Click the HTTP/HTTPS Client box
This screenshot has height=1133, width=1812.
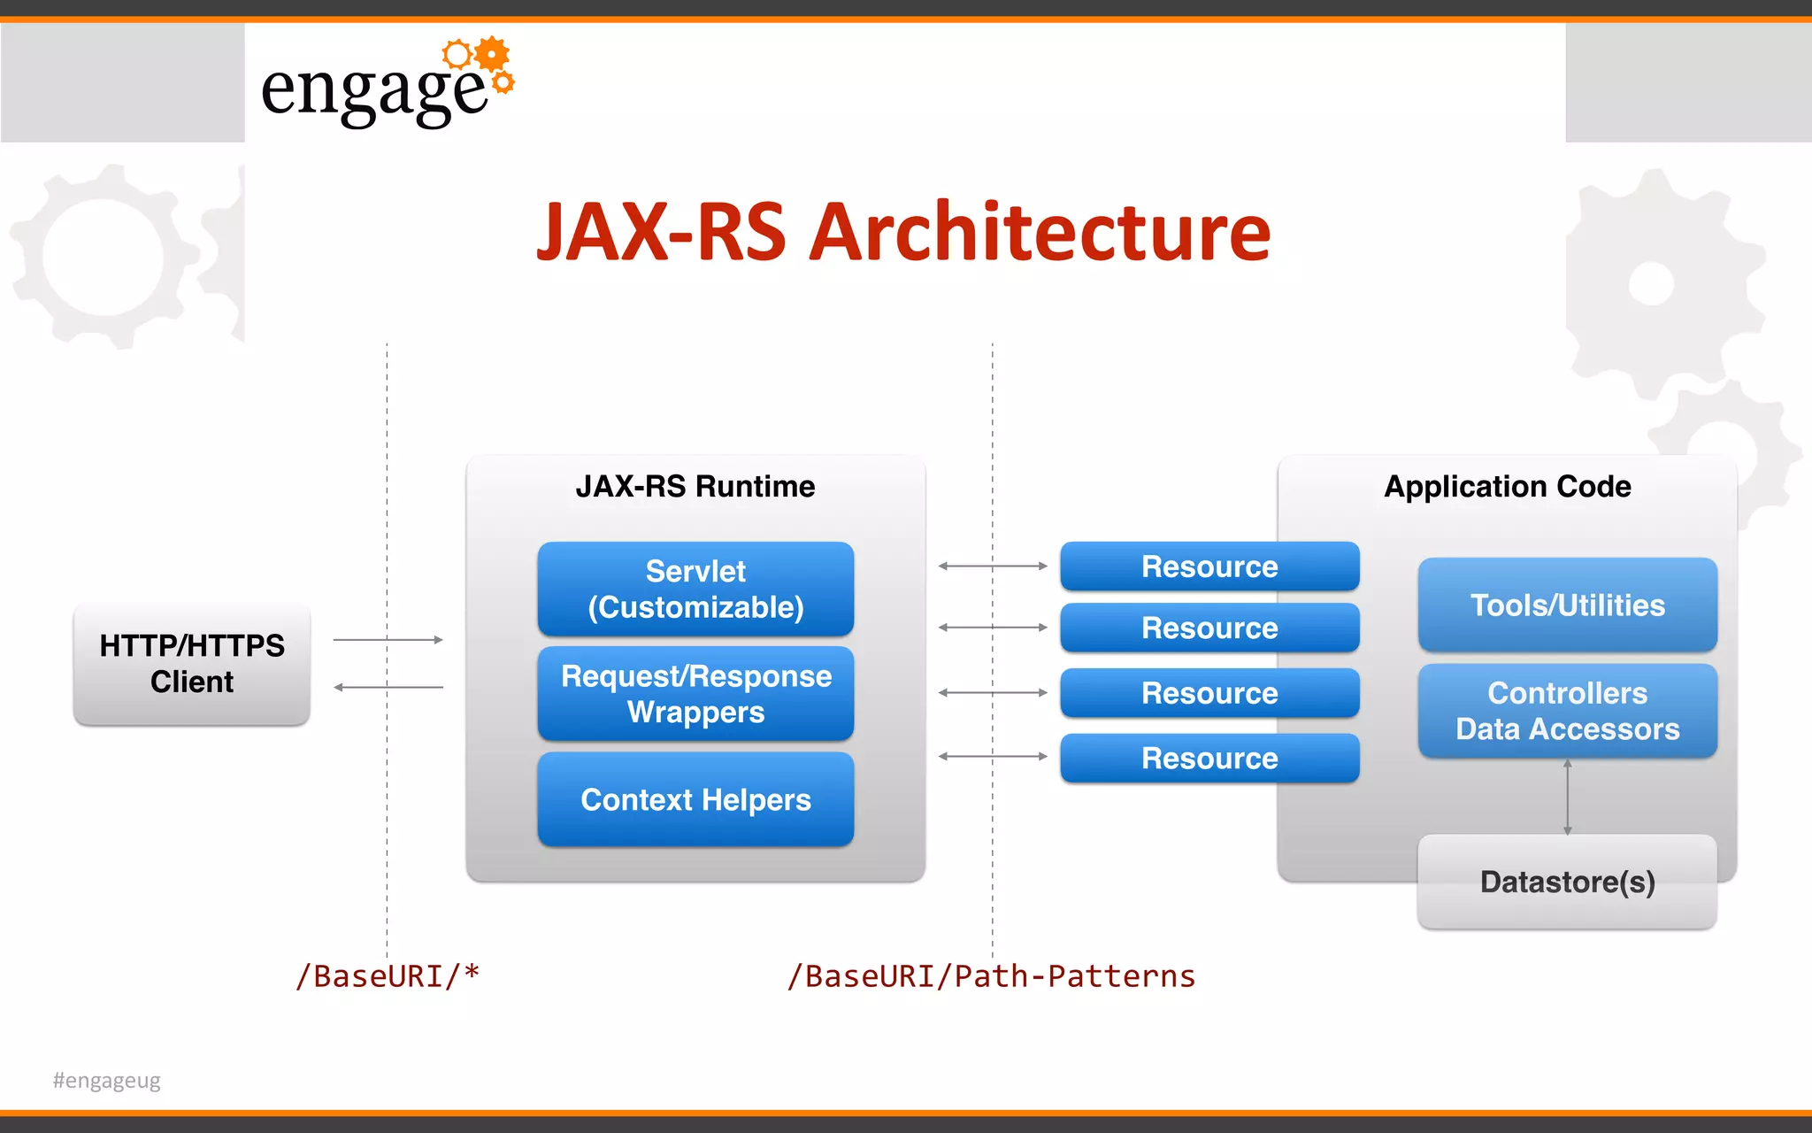point(192,664)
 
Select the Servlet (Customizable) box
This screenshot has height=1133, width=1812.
point(695,589)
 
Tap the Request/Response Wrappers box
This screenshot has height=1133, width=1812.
point(695,693)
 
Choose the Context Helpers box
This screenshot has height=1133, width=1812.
point(695,799)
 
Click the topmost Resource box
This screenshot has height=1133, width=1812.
point(1209,566)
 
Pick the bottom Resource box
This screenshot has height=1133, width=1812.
point(1209,758)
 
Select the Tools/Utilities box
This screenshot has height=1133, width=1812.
point(1567,605)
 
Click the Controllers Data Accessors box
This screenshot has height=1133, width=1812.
point(1567,711)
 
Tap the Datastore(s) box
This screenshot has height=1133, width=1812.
point(1567,882)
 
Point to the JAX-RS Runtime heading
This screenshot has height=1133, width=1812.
point(695,486)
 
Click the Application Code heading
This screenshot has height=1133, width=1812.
point(1507,486)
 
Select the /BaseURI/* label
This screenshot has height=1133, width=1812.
point(388,975)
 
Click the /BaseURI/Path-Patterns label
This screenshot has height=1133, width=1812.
point(991,975)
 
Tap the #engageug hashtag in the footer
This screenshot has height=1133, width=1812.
point(107,1080)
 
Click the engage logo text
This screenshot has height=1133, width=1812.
point(374,90)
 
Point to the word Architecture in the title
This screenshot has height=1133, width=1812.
point(1040,232)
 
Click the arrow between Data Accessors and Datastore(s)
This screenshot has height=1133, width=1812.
point(1567,797)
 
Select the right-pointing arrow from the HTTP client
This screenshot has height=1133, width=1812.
point(388,639)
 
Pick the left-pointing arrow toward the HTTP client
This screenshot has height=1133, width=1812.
point(388,687)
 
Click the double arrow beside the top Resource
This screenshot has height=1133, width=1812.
point(992,566)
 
